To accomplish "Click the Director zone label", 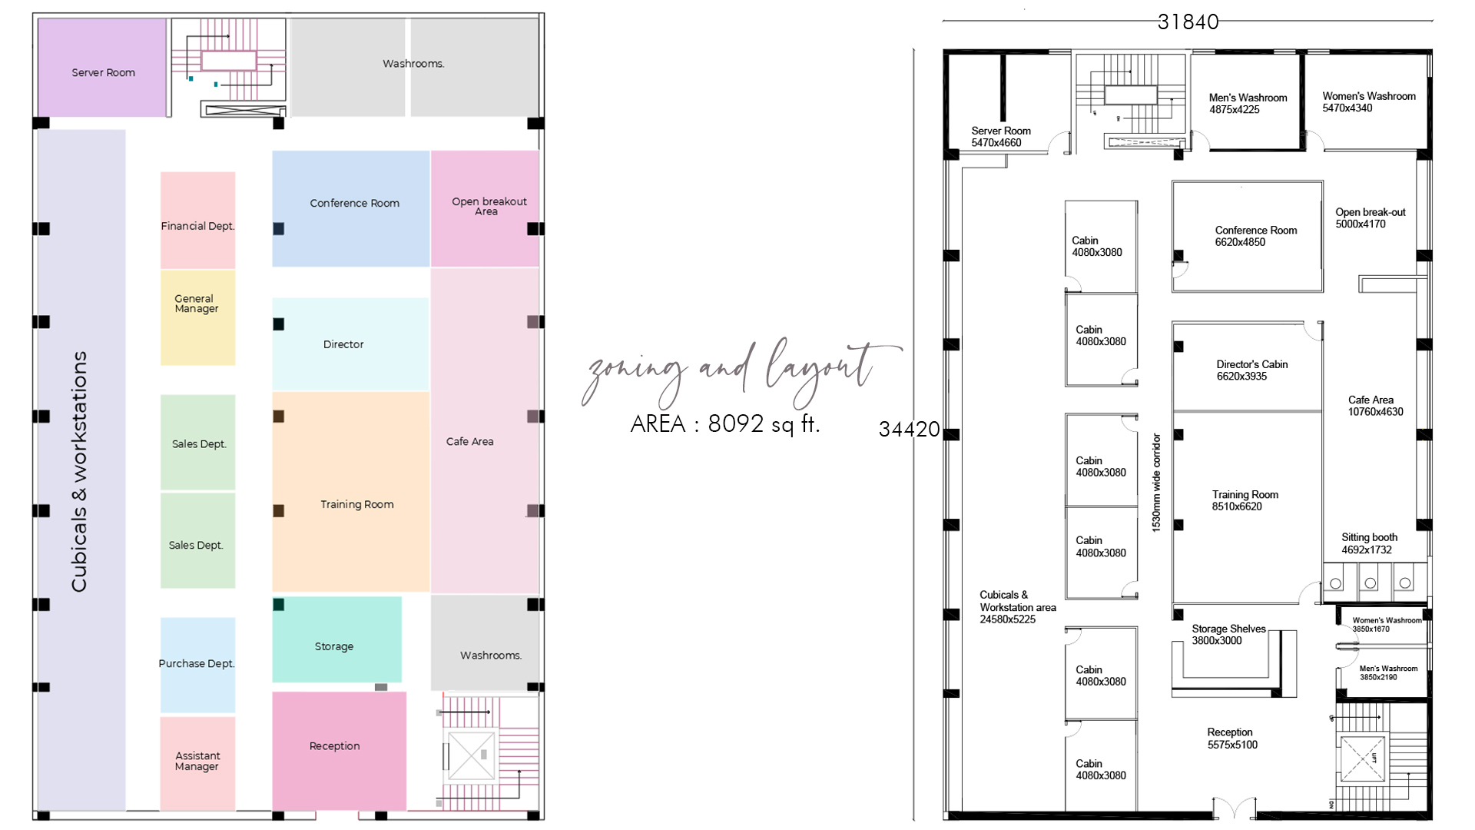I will (343, 344).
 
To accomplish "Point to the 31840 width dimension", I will (1188, 22).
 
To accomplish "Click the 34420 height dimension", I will (909, 429).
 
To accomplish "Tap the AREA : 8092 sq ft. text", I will (724, 424).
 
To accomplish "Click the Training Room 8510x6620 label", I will (1245, 500).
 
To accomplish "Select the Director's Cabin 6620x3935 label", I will (1251, 370).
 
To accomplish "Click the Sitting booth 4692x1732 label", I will (1369, 543).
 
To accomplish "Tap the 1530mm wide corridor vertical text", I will (1156, 482).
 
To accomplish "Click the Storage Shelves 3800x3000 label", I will (1228, 635).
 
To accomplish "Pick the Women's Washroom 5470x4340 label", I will (1368, 101).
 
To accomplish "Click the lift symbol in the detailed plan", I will (1363, 759).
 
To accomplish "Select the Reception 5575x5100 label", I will (1231, 739).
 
